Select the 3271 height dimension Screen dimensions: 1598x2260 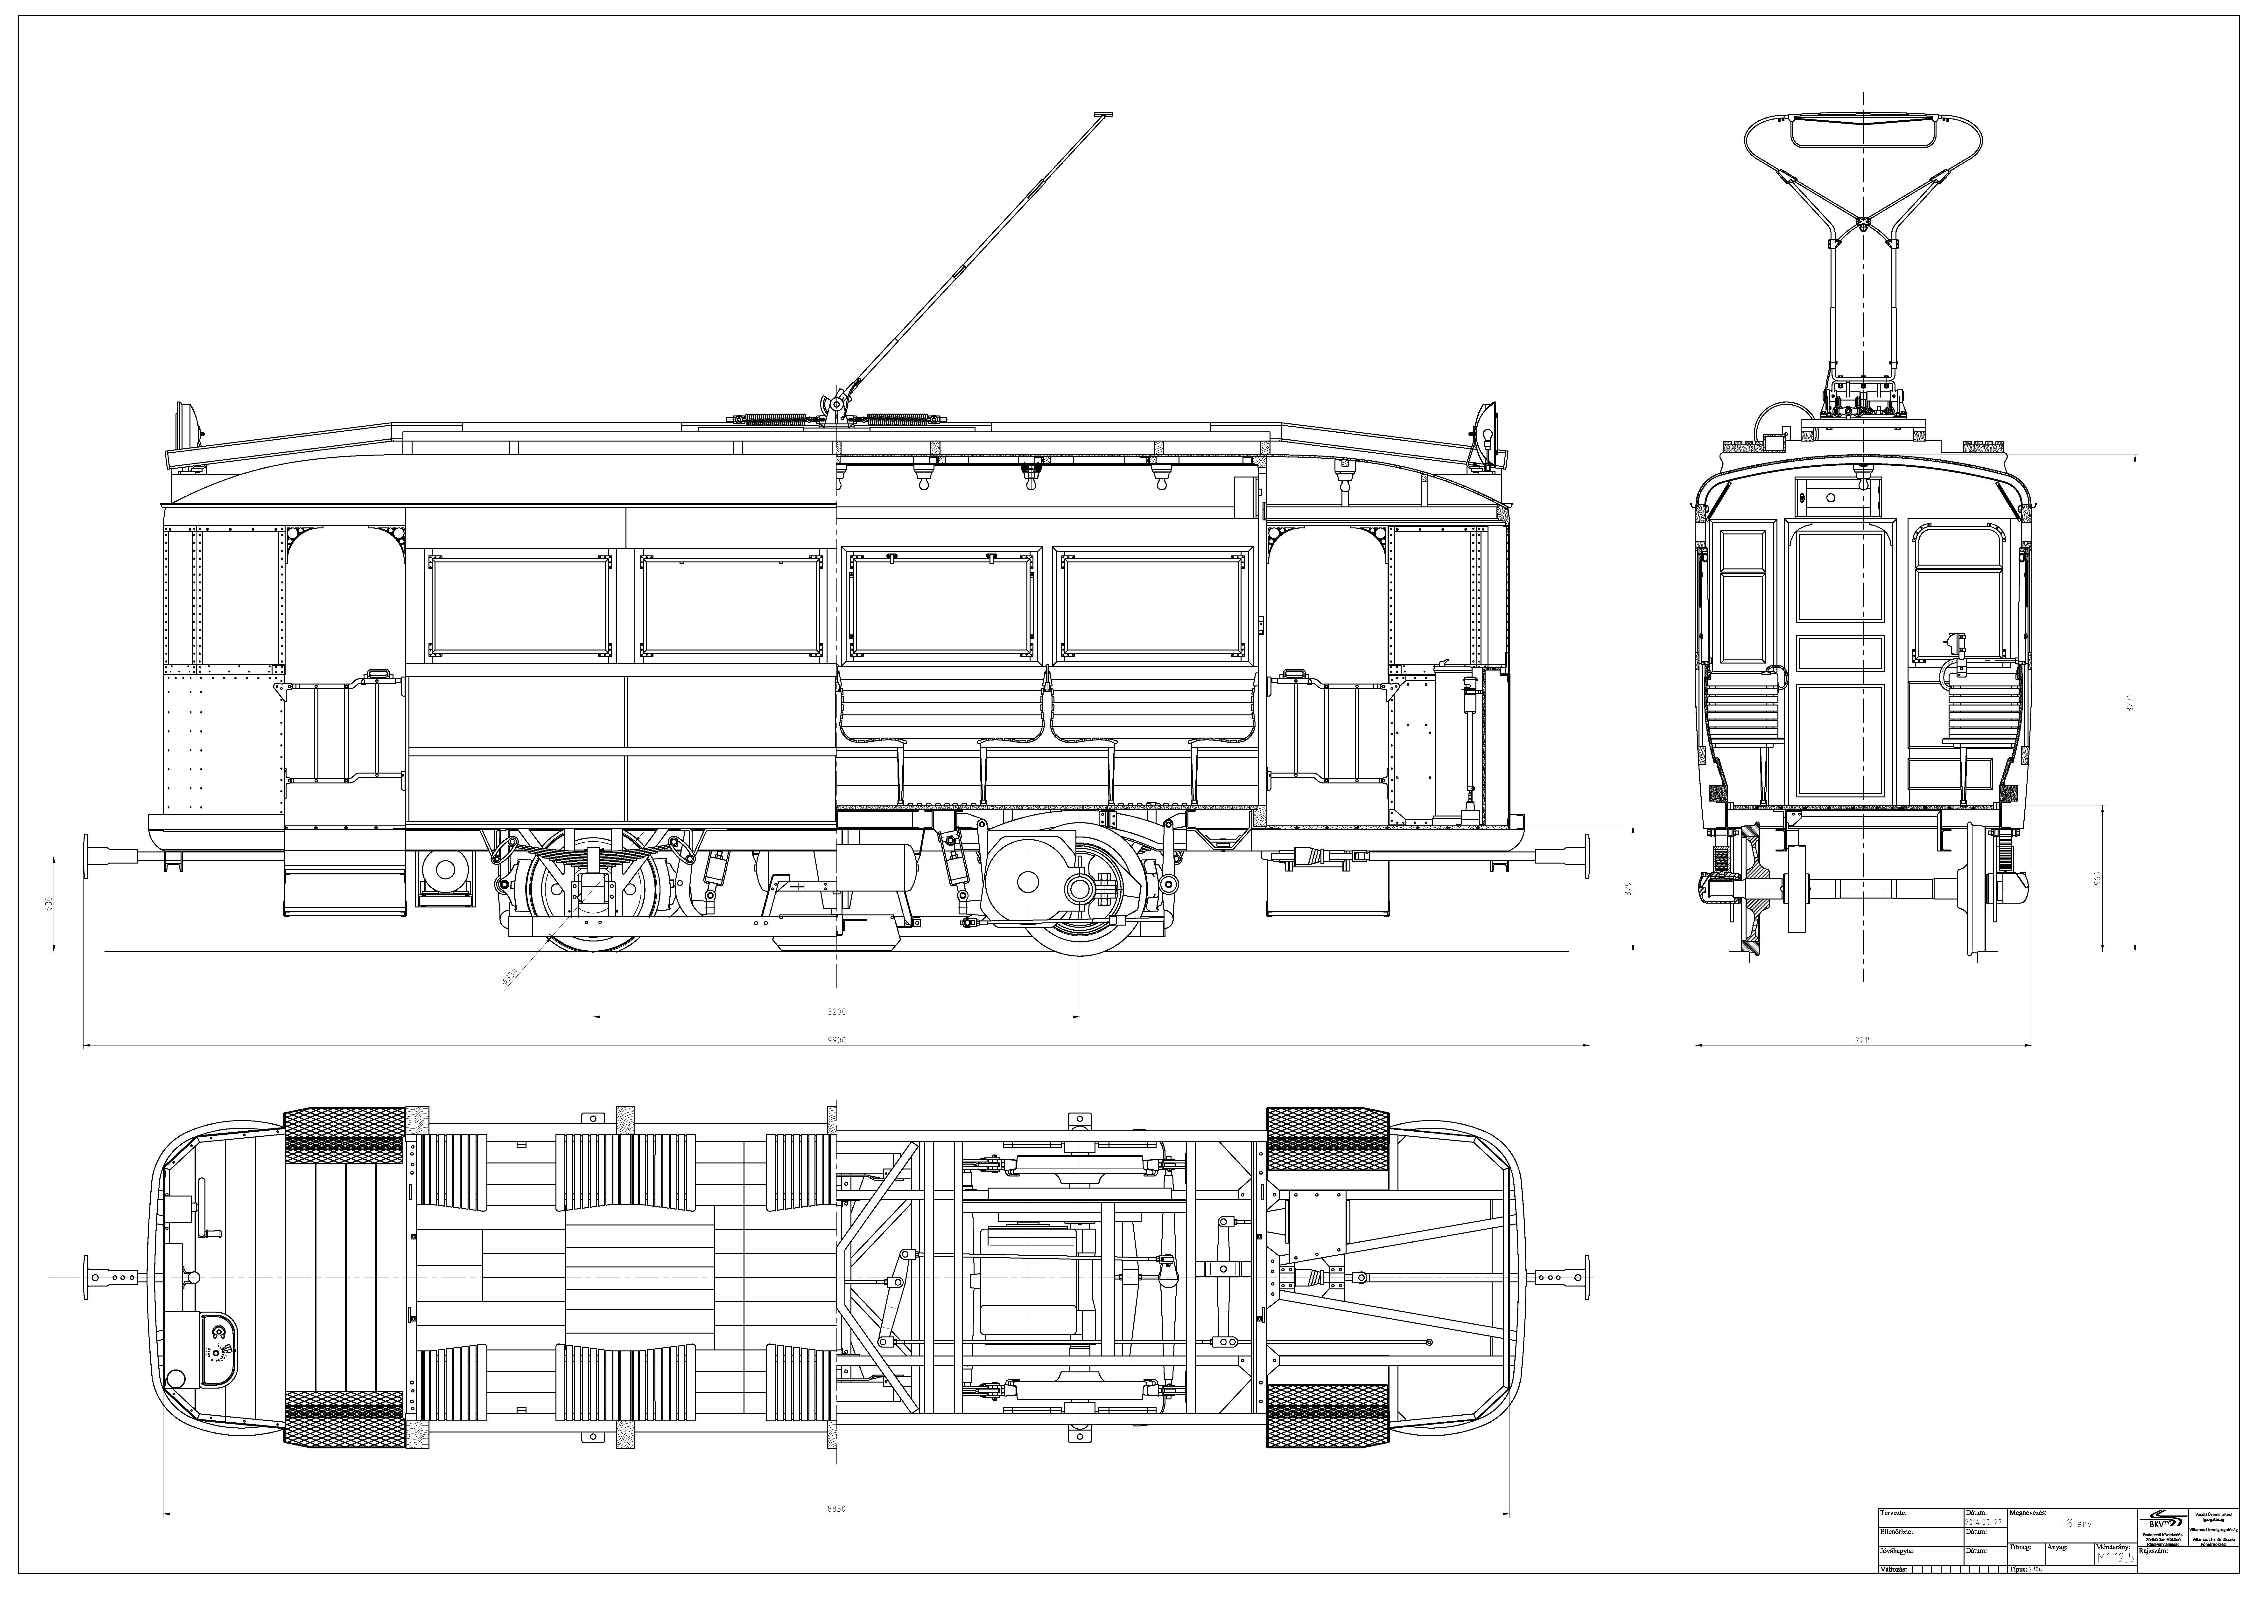(2128, 705)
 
